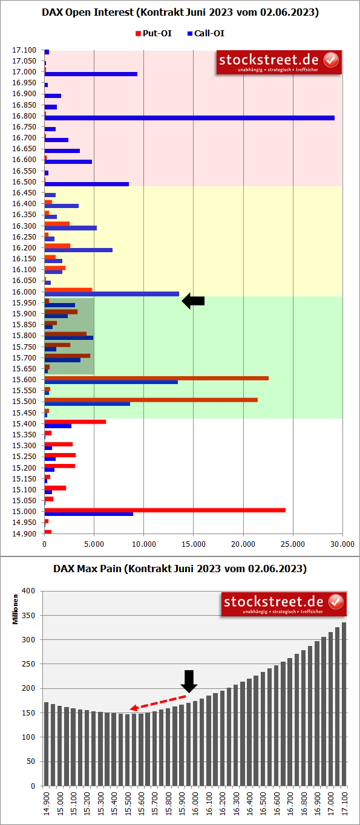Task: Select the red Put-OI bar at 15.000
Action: click(165, 510)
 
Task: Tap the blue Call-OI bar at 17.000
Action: click(91, 74)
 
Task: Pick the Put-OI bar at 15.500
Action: click(151, 400)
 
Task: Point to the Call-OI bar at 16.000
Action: click(111, 294)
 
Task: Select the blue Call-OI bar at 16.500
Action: click(87, 184)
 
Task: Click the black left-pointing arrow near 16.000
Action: click(194, 301)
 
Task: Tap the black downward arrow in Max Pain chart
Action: click(189, 680)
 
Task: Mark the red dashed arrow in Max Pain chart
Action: click(158, 703)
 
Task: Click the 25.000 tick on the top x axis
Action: click(293, 544)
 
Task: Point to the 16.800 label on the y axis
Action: click(24, 116)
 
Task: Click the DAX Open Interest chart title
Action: click(180, 12)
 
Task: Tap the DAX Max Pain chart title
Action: click(180, 569)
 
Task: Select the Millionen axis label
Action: click(16, 608)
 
